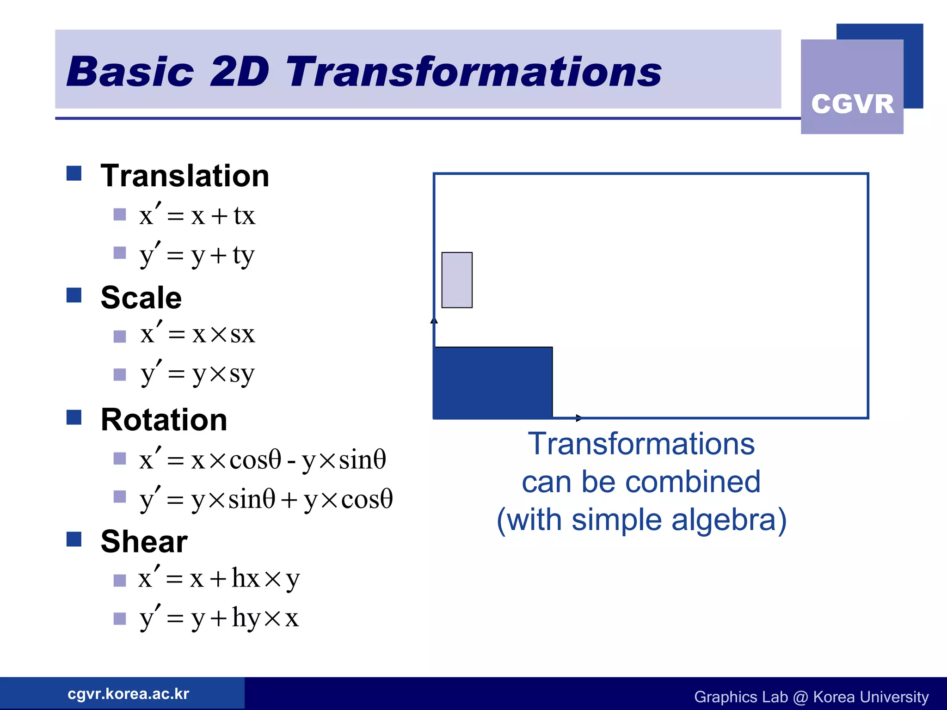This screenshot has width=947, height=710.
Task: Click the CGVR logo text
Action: (852, 104)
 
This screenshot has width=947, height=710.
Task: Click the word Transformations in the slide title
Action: (473, 72)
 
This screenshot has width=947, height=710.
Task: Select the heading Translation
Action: (184, 176)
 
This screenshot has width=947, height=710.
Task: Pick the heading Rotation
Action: (164, 420)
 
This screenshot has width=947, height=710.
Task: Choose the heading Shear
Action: (144, 541)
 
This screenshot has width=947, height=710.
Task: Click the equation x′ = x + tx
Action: (197, 215)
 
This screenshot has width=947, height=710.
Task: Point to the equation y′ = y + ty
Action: (197, 255)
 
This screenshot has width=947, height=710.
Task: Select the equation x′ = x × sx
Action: (197, 334)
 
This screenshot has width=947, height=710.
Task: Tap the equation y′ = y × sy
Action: (197, 373)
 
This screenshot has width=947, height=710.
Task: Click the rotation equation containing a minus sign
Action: (262, 459)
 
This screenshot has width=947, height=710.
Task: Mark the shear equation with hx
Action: (219, 578)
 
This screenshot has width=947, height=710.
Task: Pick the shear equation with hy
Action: (219, 618)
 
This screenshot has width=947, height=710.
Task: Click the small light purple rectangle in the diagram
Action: (457, 280)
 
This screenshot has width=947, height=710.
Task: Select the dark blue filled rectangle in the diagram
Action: (493, 383)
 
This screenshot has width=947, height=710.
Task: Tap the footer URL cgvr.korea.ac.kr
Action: (128, 694)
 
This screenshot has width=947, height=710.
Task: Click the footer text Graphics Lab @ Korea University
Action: (811, 697)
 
